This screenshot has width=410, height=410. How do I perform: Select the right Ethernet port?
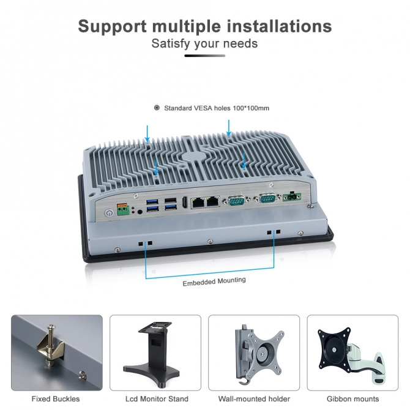(x=213, y=202)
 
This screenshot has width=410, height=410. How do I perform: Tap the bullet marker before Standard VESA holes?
(x=157, y=108)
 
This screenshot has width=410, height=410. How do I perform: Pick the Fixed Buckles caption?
(x=56, y=399)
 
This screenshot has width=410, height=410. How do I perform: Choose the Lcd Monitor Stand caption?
(x=157, y=399)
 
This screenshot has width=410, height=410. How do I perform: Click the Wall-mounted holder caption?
(x=254, y=399)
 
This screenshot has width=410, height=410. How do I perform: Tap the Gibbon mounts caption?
(x=353, y=399)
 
